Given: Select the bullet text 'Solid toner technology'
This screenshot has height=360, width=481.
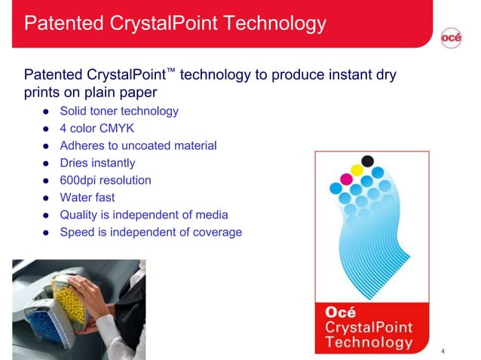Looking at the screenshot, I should coord(119,111).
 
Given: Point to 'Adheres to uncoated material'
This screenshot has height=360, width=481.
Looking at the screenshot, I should coord(138,146).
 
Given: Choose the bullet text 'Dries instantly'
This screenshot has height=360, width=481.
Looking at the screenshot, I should coord(97,163).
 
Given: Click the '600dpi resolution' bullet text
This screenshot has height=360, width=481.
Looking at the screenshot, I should coord(106,181).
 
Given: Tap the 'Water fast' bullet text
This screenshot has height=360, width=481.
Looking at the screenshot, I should coord(87,198).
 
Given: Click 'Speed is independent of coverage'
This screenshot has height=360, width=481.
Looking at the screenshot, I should coord(151,233).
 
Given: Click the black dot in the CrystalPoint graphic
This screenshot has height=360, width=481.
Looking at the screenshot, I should coord(368,160).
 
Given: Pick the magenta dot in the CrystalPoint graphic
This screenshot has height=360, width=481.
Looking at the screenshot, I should coord(347,179).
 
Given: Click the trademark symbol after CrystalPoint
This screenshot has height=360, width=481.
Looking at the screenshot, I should coord(171,71).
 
